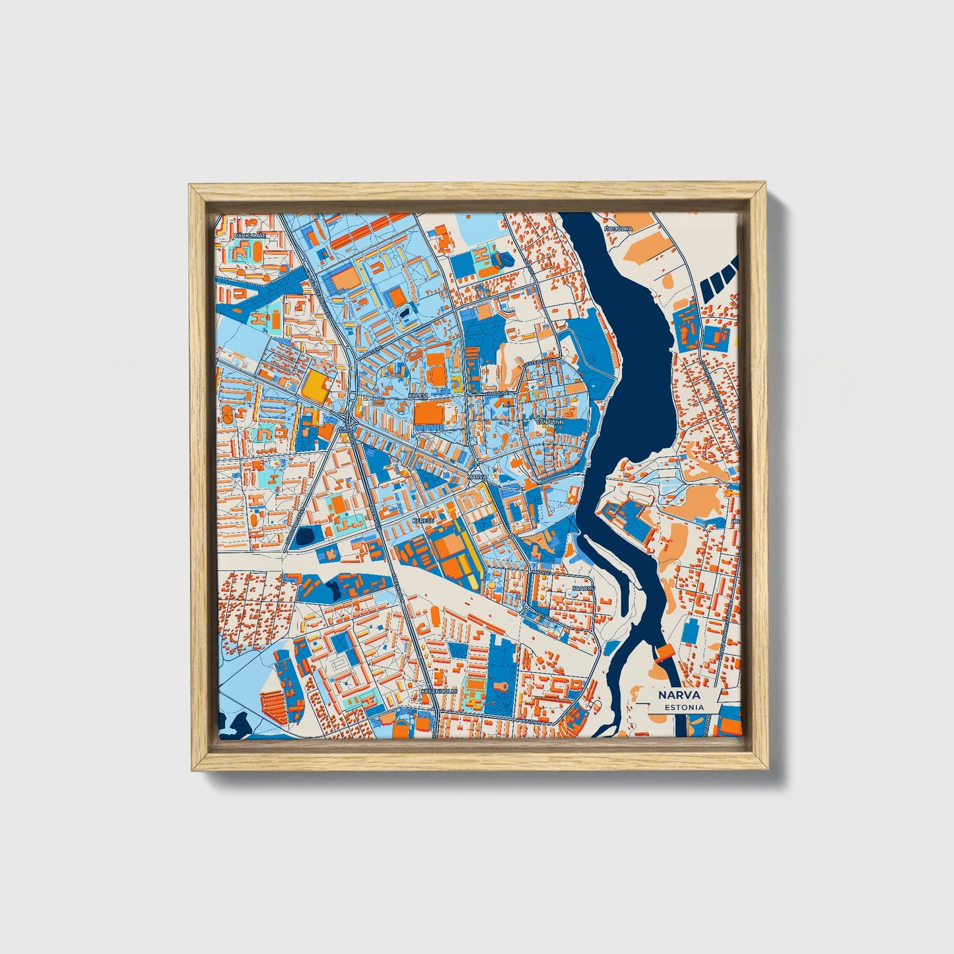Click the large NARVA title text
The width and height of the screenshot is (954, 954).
679,695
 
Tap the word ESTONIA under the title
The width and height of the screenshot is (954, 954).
685,707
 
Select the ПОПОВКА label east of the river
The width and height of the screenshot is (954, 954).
619,228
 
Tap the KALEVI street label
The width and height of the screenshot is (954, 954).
419,395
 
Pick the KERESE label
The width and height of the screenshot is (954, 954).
423,520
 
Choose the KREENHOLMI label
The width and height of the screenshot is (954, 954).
438,691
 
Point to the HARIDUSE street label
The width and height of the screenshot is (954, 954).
496,393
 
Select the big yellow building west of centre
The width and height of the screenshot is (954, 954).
316,388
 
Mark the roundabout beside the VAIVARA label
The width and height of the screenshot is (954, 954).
526,607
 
